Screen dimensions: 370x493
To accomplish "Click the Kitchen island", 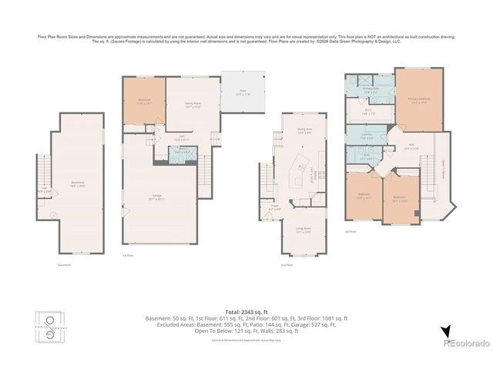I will pyautogui.click(x=297, y=177).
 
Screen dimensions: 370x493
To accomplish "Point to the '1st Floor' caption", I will pyautogui.click(x=129, y=256).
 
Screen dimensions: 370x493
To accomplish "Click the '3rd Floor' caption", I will pyautogui.click(x=350, y=230).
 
